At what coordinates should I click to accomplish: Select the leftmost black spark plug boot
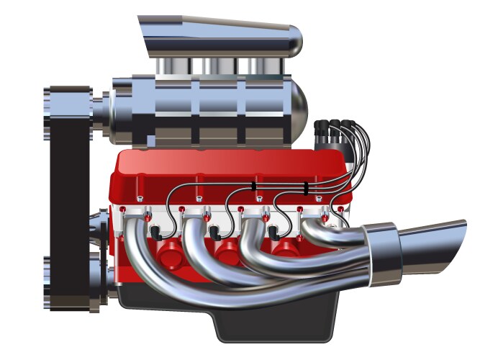155,233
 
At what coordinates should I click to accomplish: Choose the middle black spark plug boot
214,233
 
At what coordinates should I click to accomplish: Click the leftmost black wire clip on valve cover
253,186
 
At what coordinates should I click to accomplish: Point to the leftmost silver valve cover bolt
140,199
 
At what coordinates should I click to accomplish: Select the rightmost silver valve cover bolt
317,198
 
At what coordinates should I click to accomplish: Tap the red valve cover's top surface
230,162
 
